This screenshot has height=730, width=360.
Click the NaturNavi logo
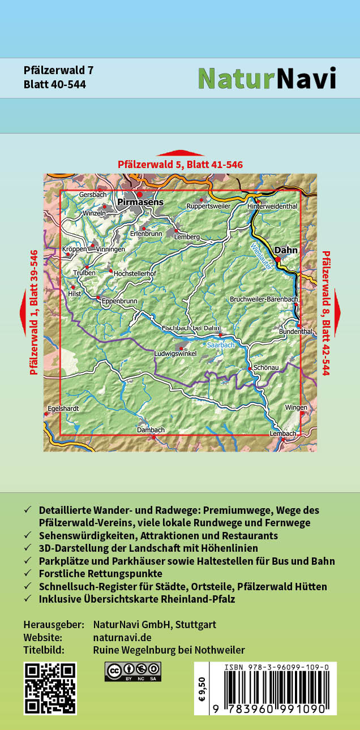267,79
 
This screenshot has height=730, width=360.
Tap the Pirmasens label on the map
140,202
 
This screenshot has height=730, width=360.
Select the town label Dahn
286,250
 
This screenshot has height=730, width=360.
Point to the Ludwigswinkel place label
175,354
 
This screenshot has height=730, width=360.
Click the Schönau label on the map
266,367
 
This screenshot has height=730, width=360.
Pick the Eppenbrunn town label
119,302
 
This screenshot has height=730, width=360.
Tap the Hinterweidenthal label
272,207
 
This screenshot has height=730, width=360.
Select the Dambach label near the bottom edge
151,430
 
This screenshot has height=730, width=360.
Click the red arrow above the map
180,153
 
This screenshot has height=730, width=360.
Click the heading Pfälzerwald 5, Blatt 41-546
180,165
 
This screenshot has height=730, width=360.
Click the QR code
50,688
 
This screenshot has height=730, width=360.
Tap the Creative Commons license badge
132,672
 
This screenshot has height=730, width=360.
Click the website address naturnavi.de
118,637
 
